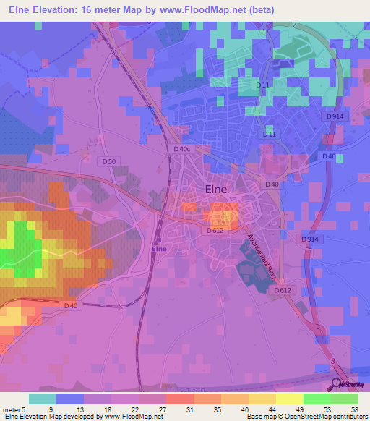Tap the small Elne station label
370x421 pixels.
(159, 249)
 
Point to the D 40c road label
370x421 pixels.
(183, 149)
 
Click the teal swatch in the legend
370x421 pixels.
(43, 399)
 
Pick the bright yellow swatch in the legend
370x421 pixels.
(290, 399)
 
